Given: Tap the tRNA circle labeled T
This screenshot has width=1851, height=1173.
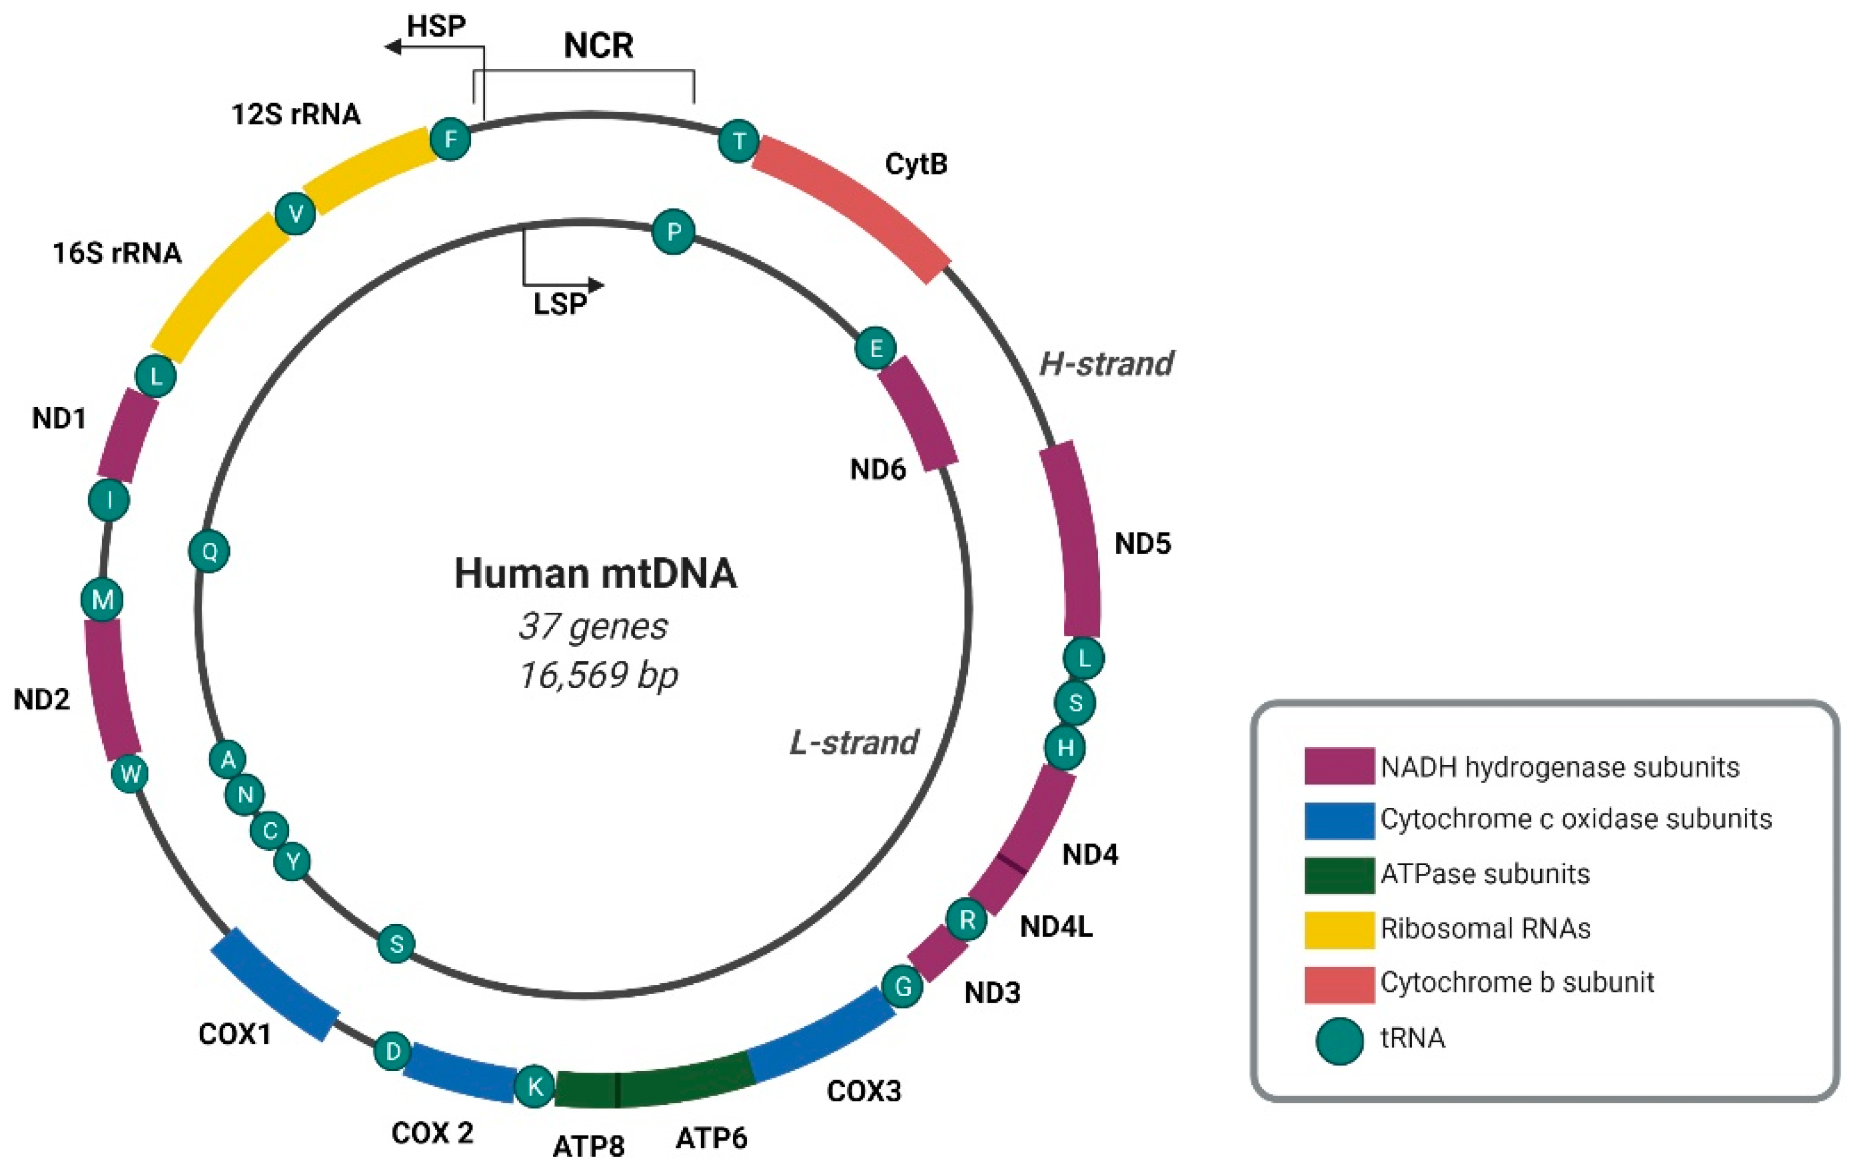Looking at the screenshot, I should [x=739, y=142].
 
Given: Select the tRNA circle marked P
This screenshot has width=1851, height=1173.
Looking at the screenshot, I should [x=673, y=232].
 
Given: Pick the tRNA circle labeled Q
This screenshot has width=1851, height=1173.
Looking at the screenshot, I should [x=209, y=551].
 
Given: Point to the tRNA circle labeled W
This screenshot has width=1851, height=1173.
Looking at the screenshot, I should [x=130, y=774].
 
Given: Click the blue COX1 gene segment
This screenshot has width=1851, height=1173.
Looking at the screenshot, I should [x=275, y=984].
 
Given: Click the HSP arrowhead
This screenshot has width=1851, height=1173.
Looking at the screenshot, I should [x=393, y=48].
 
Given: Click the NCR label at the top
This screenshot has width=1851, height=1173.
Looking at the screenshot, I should [x=598, y=45].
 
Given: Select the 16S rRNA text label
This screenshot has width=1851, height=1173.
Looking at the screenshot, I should [x=117, y=253].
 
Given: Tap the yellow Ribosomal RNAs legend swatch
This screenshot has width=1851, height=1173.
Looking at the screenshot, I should [x=1339, y=929].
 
